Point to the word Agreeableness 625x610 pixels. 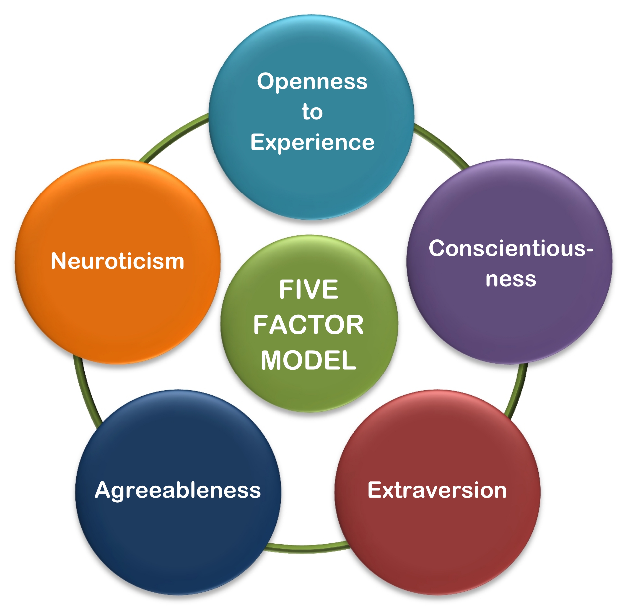pos(178,490)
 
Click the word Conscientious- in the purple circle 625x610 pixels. pos(508,248)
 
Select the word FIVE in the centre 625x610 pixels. pos(308,290)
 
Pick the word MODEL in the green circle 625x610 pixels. pos(308,360)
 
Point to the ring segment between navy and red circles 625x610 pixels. pos(308,548)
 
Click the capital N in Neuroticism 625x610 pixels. pos(58,261)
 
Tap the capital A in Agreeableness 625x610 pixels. pos(103,490)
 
